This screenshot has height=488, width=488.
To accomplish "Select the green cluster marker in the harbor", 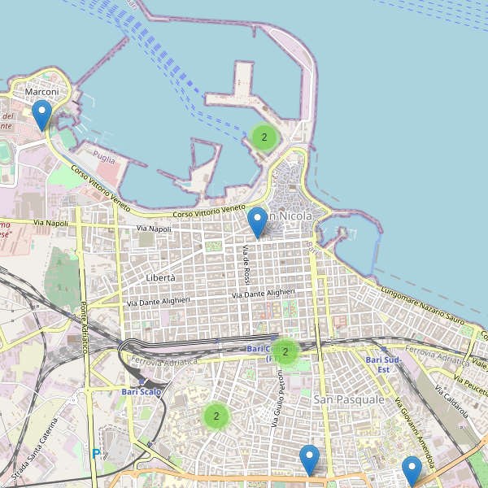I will coord(264,137).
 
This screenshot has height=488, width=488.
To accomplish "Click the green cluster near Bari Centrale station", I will coord(285,352).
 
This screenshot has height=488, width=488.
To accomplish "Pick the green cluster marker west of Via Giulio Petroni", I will coord(216,416).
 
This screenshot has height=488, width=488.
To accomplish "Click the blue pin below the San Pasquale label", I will coord(309,460).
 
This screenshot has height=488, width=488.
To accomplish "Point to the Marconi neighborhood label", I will coord(41,92).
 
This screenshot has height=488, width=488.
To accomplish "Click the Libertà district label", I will coord(160,277).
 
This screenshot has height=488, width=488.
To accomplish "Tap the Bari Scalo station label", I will coord(142,392).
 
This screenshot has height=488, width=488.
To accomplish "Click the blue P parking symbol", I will coord(96,454).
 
